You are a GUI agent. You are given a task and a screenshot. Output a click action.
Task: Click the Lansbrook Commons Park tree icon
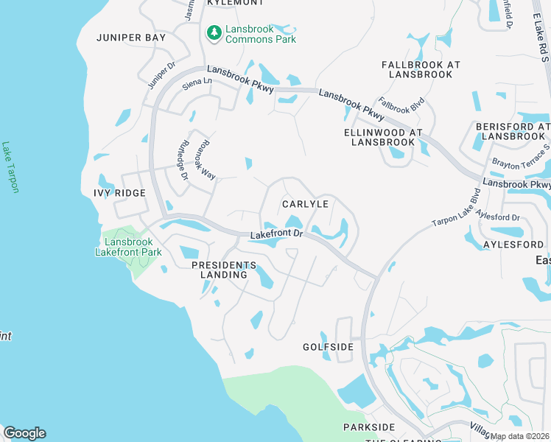[214, 32]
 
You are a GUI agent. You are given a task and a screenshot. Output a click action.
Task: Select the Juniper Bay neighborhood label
[131, 37]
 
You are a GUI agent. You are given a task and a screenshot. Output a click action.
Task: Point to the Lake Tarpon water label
[11, 168]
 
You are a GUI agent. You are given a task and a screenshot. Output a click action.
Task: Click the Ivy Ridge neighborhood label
[119, 193]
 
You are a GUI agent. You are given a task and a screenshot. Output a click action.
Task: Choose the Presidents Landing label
[224, 270]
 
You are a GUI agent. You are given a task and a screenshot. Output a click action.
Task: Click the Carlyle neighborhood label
[305, 203]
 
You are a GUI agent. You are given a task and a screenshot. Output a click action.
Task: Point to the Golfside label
[329, 346]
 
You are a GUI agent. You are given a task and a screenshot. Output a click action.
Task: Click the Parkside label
[369, 427]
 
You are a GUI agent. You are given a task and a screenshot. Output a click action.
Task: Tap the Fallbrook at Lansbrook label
[421, 70]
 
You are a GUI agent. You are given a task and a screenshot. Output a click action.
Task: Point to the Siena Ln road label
[196, 86]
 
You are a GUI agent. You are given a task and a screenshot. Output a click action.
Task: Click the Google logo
[24, 432]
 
